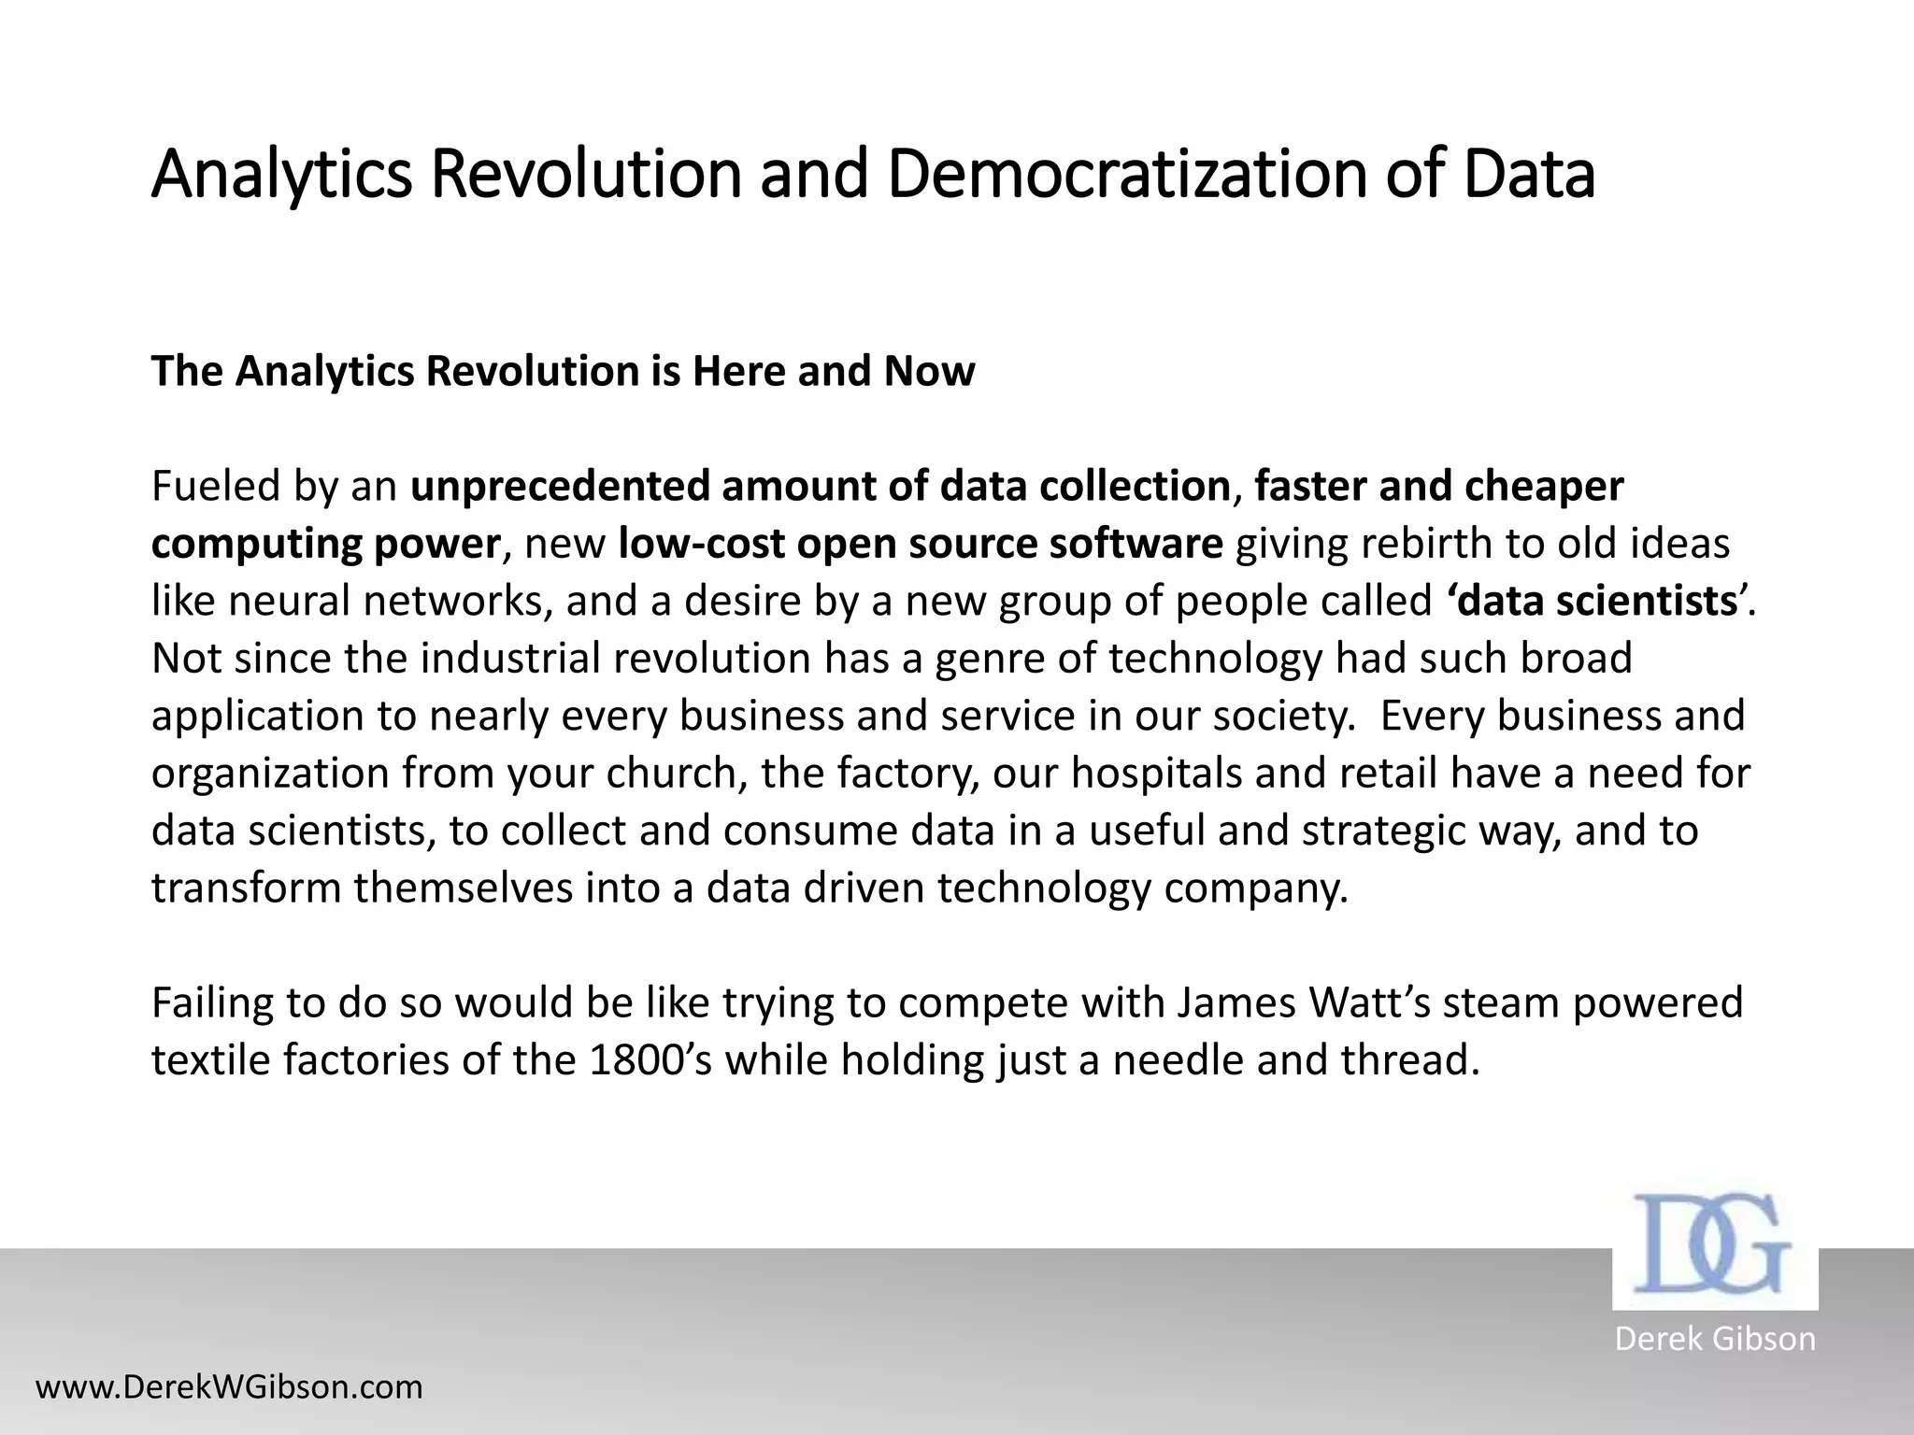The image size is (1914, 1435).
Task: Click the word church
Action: [677, 773]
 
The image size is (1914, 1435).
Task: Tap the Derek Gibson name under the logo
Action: [1715, 1339]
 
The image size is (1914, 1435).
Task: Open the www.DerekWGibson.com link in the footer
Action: [229, 1387]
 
